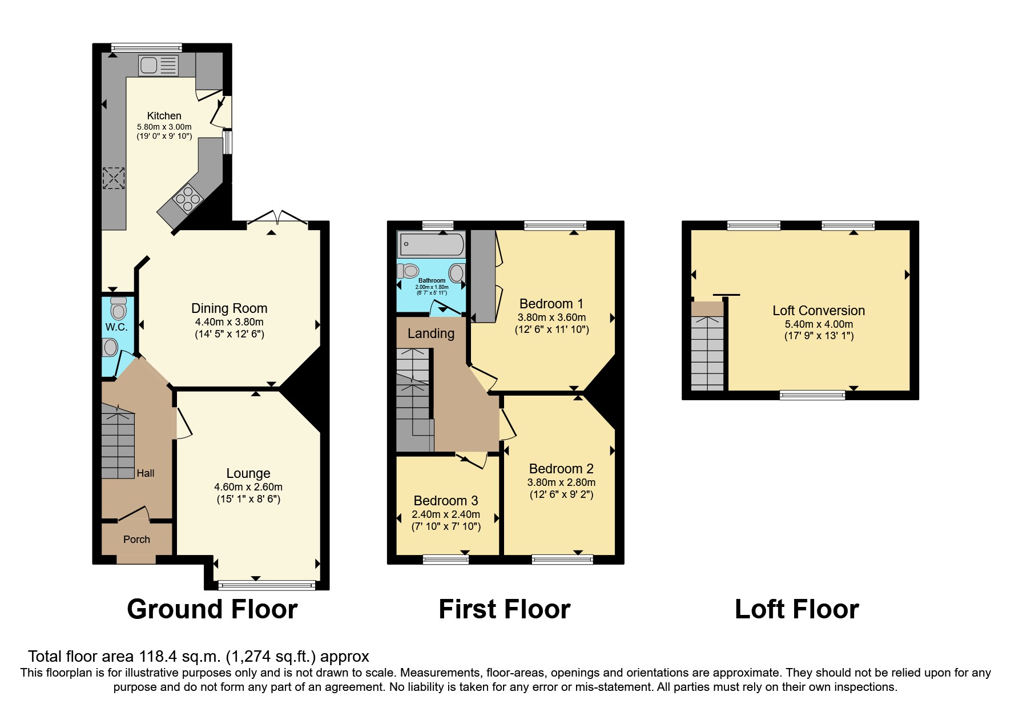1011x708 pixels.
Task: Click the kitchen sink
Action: [x=158, y=66]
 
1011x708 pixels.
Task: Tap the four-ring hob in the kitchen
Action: [x=188, y=199]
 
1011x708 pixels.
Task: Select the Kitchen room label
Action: [x=164, y=116]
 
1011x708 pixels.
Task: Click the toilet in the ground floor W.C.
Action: [x=119, y=309]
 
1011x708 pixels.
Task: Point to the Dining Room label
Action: [x=229, y=308]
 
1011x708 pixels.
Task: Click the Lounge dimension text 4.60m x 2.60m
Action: [x=248, y=487]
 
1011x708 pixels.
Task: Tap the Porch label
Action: [x=136, y=540]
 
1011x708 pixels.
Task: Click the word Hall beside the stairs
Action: [x=145, y=473]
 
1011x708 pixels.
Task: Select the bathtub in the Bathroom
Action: [x=432, y=244]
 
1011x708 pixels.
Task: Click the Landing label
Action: [x=430, y=333]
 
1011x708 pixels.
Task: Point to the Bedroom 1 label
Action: [x=551, y=304]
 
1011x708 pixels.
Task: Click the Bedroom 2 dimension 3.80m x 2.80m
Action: [x=561, y=482]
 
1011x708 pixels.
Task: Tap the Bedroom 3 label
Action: [x=445, y=501]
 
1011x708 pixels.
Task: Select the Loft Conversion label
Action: [x=818, y=311]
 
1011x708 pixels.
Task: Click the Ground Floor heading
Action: [x=212, y=609]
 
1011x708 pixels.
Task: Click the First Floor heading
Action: [x=504, y=609]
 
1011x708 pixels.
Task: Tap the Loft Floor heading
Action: [x=796, y=609]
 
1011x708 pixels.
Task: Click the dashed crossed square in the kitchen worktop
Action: [x=113, y=178]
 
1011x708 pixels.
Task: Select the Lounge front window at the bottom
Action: [x=267, y=585]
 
